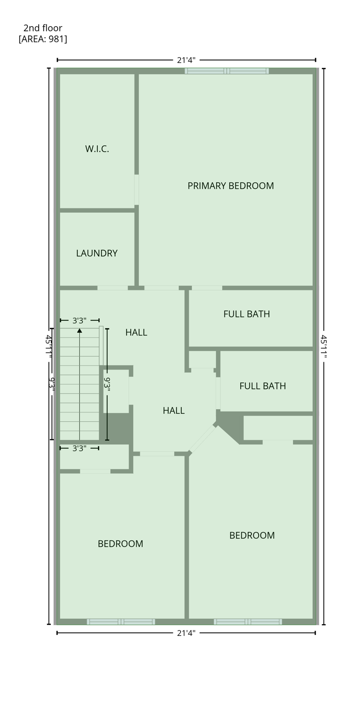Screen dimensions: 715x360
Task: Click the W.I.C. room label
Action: pyautogui.click(x=97, y=149)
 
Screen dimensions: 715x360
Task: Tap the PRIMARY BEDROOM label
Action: pyautogui.click(x=231, y=186)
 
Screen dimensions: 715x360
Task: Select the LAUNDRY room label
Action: pyautogui.click(x=96, y=253)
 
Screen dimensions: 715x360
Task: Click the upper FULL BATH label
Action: pyautogui.click(x=246, y=314)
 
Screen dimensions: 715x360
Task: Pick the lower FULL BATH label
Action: pyautogui.click(x=262, y=386)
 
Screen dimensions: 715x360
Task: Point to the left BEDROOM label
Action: pyautogui.click(x=120, y=544)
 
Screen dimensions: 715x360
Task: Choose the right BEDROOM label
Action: pyautogui.click(x=252, y=535)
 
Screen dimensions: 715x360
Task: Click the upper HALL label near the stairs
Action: pyautogui.click(x=136, y=332)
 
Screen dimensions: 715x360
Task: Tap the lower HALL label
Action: pyautogui.click(x=173, y=411)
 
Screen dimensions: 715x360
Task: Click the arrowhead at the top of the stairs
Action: pyautogui.click(x=80, y=331)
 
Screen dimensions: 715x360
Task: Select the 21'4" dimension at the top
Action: pyautogui.click(x=186, y=60)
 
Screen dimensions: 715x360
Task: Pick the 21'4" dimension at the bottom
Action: pyautogui.click(x=186, y=633)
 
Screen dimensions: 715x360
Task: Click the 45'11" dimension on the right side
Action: pyautogui.click(x=324, y=346)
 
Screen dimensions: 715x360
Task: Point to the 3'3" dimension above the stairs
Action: pyautogui.click(x=80, y=320)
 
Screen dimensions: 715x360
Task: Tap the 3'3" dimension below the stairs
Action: pyautogui.click(x=80, y=448)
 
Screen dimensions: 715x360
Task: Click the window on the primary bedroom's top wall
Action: pyautogui.click(x=227, y=71)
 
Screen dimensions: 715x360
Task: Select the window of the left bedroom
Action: pyautogui.click(x=121, y=621)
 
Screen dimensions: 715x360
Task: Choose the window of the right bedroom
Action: pyautogui.click(x=248, y=621)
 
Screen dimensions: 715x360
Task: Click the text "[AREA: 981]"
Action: pyautogui.click(x=43, y=39)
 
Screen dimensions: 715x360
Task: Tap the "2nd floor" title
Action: pyautogui.click(x=43, y=28)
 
